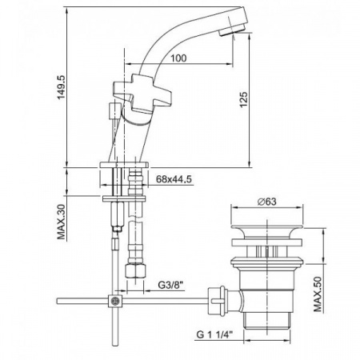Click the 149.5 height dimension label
61,87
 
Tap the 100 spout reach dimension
178,58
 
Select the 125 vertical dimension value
243,100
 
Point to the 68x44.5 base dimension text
174,179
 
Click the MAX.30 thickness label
61,222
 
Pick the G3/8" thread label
171,285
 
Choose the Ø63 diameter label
267,202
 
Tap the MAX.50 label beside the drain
318,294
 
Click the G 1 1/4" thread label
214,334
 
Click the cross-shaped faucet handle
142,93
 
